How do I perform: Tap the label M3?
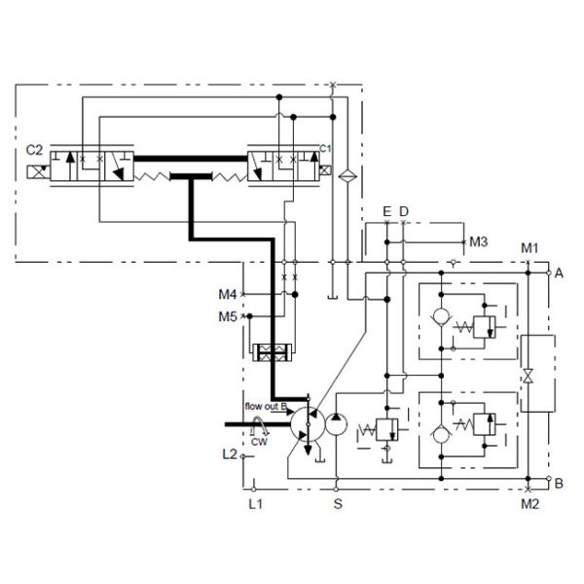(478, 241)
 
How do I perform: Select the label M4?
(228, 294)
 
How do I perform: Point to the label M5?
(228, 315)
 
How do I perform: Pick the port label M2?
(529, 503)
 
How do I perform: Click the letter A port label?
(559, 274)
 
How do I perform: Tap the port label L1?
(255, 503)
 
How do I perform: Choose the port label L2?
(229, 454)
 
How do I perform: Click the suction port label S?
(338, 503)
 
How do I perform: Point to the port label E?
(387, 211)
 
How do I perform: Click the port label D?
(404, 211)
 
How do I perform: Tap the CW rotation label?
(259, 441)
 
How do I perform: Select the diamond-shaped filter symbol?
(344, 176)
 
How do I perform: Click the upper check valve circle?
(441, 317)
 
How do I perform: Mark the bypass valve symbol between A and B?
(529, 376)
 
